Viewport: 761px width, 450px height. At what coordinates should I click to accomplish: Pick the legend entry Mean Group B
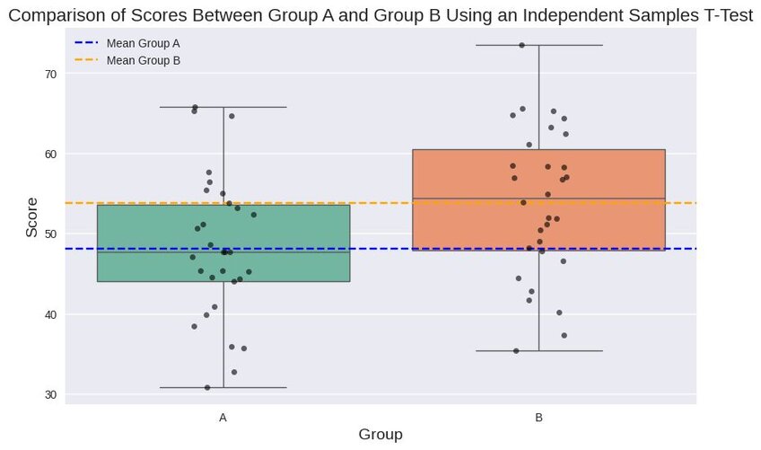(x=143, y=60)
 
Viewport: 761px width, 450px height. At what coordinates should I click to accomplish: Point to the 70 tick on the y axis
(x=51, y=74)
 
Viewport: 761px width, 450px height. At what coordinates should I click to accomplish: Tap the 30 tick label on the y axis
(x=51, y=394)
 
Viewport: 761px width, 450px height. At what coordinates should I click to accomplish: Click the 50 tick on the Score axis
(x=51, y=234)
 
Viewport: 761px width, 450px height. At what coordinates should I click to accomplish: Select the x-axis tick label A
(x=223, y=418)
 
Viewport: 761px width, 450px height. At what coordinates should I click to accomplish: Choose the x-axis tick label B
(x=538, y=418)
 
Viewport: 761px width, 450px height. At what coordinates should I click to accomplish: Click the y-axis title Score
(x=32, y=217)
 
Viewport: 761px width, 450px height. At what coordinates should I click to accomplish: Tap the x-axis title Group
(x=380, y=435)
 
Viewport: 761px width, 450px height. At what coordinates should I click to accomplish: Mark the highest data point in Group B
(x=521, y=45)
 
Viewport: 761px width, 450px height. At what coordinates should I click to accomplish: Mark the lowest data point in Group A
(x=207, y=387)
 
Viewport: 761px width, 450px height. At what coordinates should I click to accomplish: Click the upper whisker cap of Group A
(x=223, y=107)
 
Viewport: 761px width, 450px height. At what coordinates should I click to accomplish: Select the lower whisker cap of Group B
(x=538, y=350)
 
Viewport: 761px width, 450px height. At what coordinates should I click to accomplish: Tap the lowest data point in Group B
(x=516, y=350)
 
